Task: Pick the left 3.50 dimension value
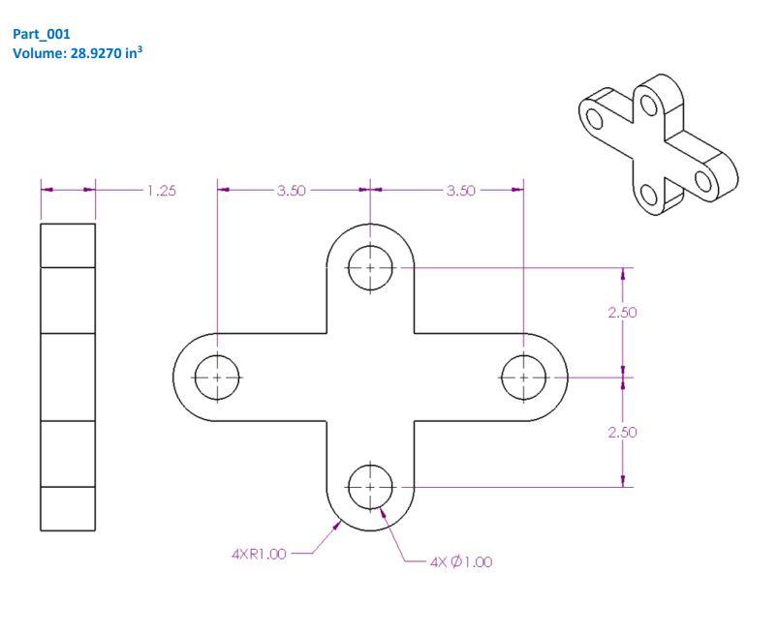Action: [291, 191]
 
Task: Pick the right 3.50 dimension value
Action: [460, 191]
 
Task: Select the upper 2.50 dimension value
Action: [622, 313]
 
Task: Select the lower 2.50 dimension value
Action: [622, 432]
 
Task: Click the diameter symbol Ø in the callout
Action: [458, 562]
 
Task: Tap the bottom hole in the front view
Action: [370, 486]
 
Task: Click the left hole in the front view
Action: [217, 377]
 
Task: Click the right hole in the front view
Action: [524, 377]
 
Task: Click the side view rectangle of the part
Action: [68, 378]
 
